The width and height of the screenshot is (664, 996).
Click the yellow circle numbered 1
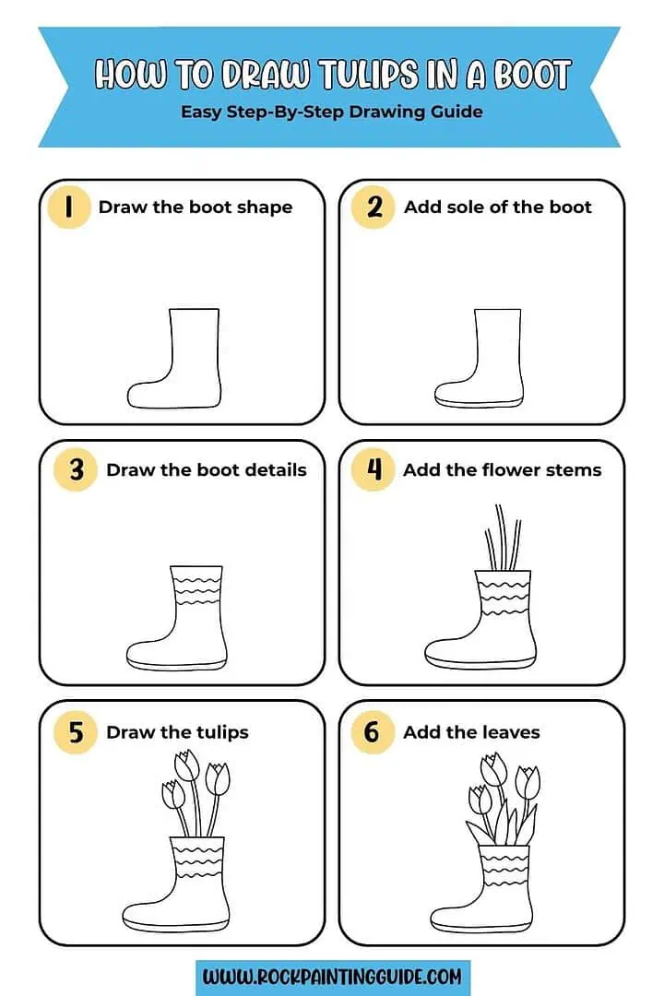[68, 207]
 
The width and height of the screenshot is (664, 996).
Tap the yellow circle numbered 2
[373, 207]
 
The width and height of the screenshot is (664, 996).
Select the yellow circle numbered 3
[76, 469]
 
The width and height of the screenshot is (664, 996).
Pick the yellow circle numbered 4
[373, 469]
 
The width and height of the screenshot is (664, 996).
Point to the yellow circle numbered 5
[76, 732]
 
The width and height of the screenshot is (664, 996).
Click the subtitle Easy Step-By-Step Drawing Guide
[331, 112]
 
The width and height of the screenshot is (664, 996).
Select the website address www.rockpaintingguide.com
[333, 976]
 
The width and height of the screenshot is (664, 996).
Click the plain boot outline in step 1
[184, 364]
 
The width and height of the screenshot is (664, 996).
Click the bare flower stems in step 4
[503, 539]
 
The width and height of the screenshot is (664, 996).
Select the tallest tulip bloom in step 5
[187, 765]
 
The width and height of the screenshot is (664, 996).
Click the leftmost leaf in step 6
[479, 830]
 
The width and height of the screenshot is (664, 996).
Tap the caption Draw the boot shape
[195, 207]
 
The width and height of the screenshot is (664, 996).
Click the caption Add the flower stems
[502, 469]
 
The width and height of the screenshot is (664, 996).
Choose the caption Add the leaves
[471, 732]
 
